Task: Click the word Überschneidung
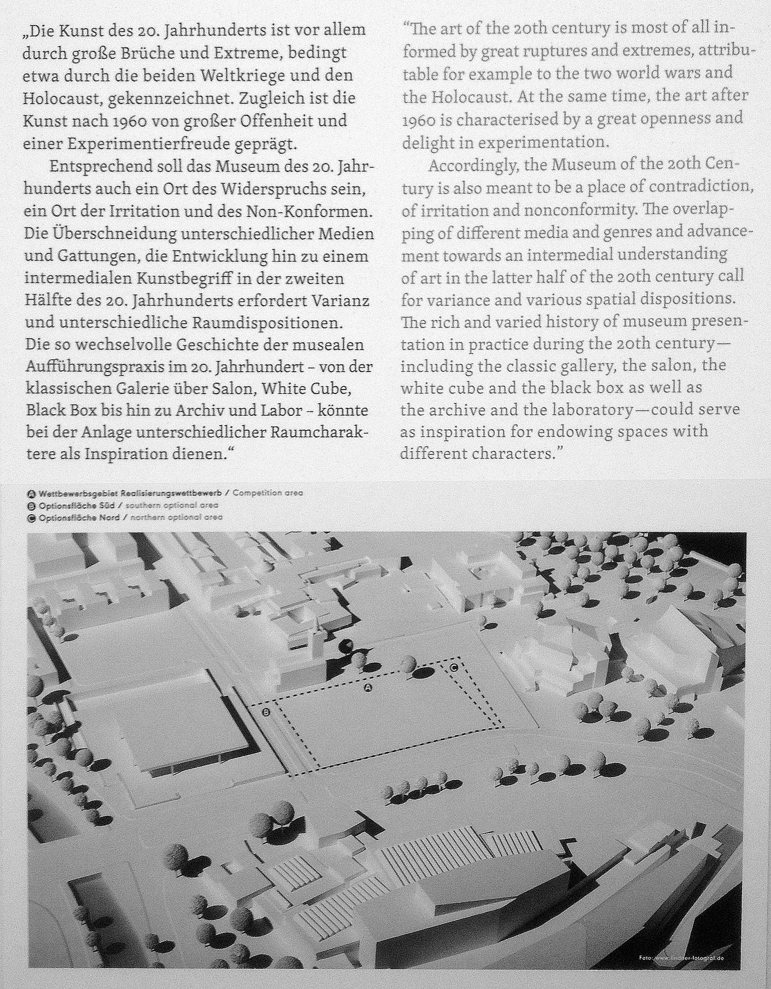point(117,234)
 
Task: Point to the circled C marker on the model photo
point(454,667)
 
